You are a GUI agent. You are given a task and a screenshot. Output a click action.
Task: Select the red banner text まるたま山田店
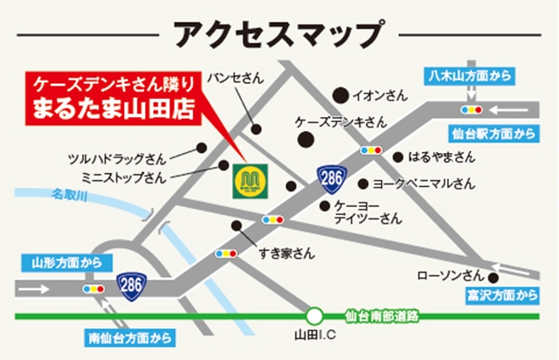coord(111,112)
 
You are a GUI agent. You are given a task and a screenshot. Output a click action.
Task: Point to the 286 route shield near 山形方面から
coord(131,286)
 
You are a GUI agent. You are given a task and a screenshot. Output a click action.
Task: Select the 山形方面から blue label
coord(66,261)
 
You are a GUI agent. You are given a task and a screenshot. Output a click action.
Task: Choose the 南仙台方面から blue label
coord(130,336)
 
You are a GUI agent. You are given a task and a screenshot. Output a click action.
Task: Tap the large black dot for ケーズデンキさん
coord(305,139)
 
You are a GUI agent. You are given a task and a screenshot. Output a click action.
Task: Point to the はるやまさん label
coord(441,157)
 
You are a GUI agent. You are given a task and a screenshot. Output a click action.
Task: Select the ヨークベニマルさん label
coord(424,183)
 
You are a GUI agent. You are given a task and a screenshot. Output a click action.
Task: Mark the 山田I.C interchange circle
coord(314,315)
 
